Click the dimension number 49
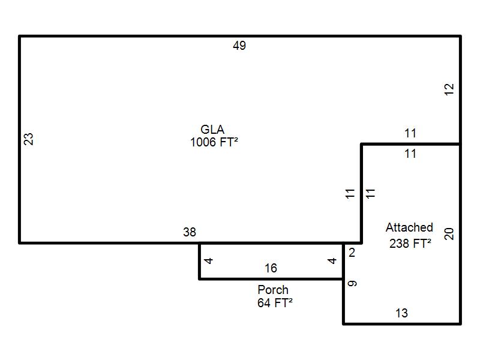point(239,46)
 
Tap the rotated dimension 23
point(28,139)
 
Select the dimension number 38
point(190,232)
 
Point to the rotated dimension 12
point(449,89)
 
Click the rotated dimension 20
point(449,234)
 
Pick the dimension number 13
point(401,313)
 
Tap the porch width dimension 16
point(271,268)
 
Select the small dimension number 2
point(352,253)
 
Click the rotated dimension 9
point(352,283)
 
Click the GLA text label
point(212,130)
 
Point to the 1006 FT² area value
point(214,142)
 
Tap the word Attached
point(409,227)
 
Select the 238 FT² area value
point(410,244)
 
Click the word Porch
point(273,290)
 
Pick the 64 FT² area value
point(275,303)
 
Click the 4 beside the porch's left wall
point(209,261)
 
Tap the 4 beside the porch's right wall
point(332,261)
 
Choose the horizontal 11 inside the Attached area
point(410,154)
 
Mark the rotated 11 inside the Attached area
point(370,193)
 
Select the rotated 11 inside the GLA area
point(350,193)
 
